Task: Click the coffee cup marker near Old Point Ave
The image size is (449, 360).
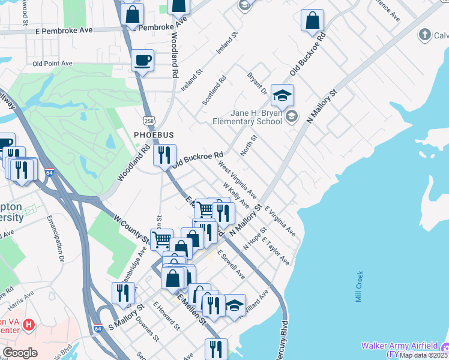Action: point(142,61)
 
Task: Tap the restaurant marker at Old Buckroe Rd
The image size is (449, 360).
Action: point(164,156)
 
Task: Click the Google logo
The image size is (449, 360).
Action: point(20,352)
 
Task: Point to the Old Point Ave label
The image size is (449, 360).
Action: point(53,63)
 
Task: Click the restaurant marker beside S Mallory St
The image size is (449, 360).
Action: point(123,293)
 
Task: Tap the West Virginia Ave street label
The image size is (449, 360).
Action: point(238,179)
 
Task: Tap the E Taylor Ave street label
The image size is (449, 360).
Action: point(276,254)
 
